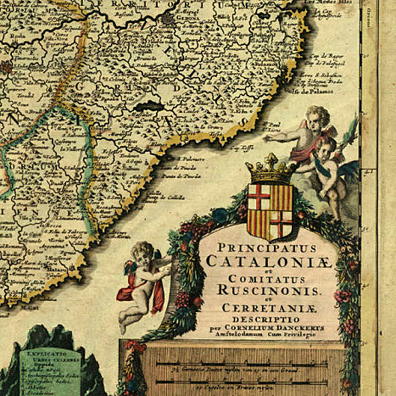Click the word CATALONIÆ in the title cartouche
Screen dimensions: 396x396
pos(268,261)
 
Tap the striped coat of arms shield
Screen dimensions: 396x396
pos(269,209)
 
